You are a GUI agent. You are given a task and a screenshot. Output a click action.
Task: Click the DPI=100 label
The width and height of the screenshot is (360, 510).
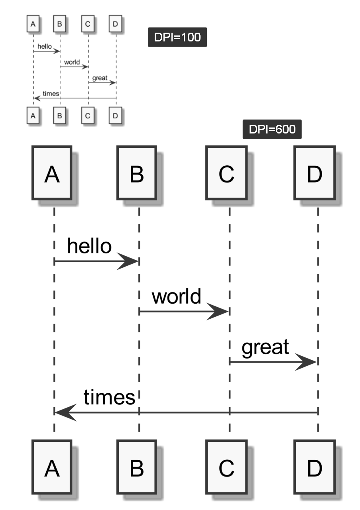(x=177, y=37)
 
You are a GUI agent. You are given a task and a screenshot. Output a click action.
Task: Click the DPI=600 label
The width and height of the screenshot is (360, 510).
(x=272, y=129)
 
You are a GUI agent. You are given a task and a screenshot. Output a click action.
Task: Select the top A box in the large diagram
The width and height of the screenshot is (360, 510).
(x=52, y=173)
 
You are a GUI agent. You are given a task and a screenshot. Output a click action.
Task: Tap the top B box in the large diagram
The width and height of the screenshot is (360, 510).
(x=137, y=173)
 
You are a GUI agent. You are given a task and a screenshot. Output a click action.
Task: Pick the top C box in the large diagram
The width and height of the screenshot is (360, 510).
(x=226, y=173)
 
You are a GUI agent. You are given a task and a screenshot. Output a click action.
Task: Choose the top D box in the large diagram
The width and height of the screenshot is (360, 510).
(x=315, y=173)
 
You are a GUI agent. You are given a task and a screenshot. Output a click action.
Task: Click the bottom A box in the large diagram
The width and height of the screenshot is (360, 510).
(x=52, y=467)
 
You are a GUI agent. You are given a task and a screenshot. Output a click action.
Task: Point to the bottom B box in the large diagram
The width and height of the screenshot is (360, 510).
(x=137, y=467)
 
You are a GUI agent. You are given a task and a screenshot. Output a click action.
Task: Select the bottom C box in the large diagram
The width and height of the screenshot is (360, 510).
(x=226, y=467)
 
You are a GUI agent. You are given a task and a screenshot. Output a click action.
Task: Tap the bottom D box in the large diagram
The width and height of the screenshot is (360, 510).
(x=315, y=467)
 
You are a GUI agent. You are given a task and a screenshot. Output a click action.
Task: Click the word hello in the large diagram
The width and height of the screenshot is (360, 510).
(x=89, y=246)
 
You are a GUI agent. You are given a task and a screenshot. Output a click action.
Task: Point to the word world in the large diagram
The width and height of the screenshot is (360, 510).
(x=177, y=296)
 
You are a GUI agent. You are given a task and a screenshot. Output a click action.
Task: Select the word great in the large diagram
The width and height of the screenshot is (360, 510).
(x=265, y=347)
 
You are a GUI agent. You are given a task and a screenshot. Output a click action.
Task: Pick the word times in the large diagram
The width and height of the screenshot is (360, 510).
(x=109, y=397)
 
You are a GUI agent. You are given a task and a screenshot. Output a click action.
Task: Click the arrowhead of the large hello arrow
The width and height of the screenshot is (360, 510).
(x=130, y=261)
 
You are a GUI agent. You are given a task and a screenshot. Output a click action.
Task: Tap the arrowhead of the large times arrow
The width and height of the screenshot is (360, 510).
(x=64, y=412)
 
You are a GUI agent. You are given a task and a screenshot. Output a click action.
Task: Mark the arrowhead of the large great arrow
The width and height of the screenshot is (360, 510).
(x=308, y=362)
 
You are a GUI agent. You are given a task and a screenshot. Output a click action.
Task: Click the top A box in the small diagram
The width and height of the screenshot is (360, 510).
(x=33, y=24)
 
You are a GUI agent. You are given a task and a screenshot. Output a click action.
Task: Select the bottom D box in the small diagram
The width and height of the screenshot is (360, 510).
(x=115, y=116)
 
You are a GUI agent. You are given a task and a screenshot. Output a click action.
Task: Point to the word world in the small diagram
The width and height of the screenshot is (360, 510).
(x=72, y=62)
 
